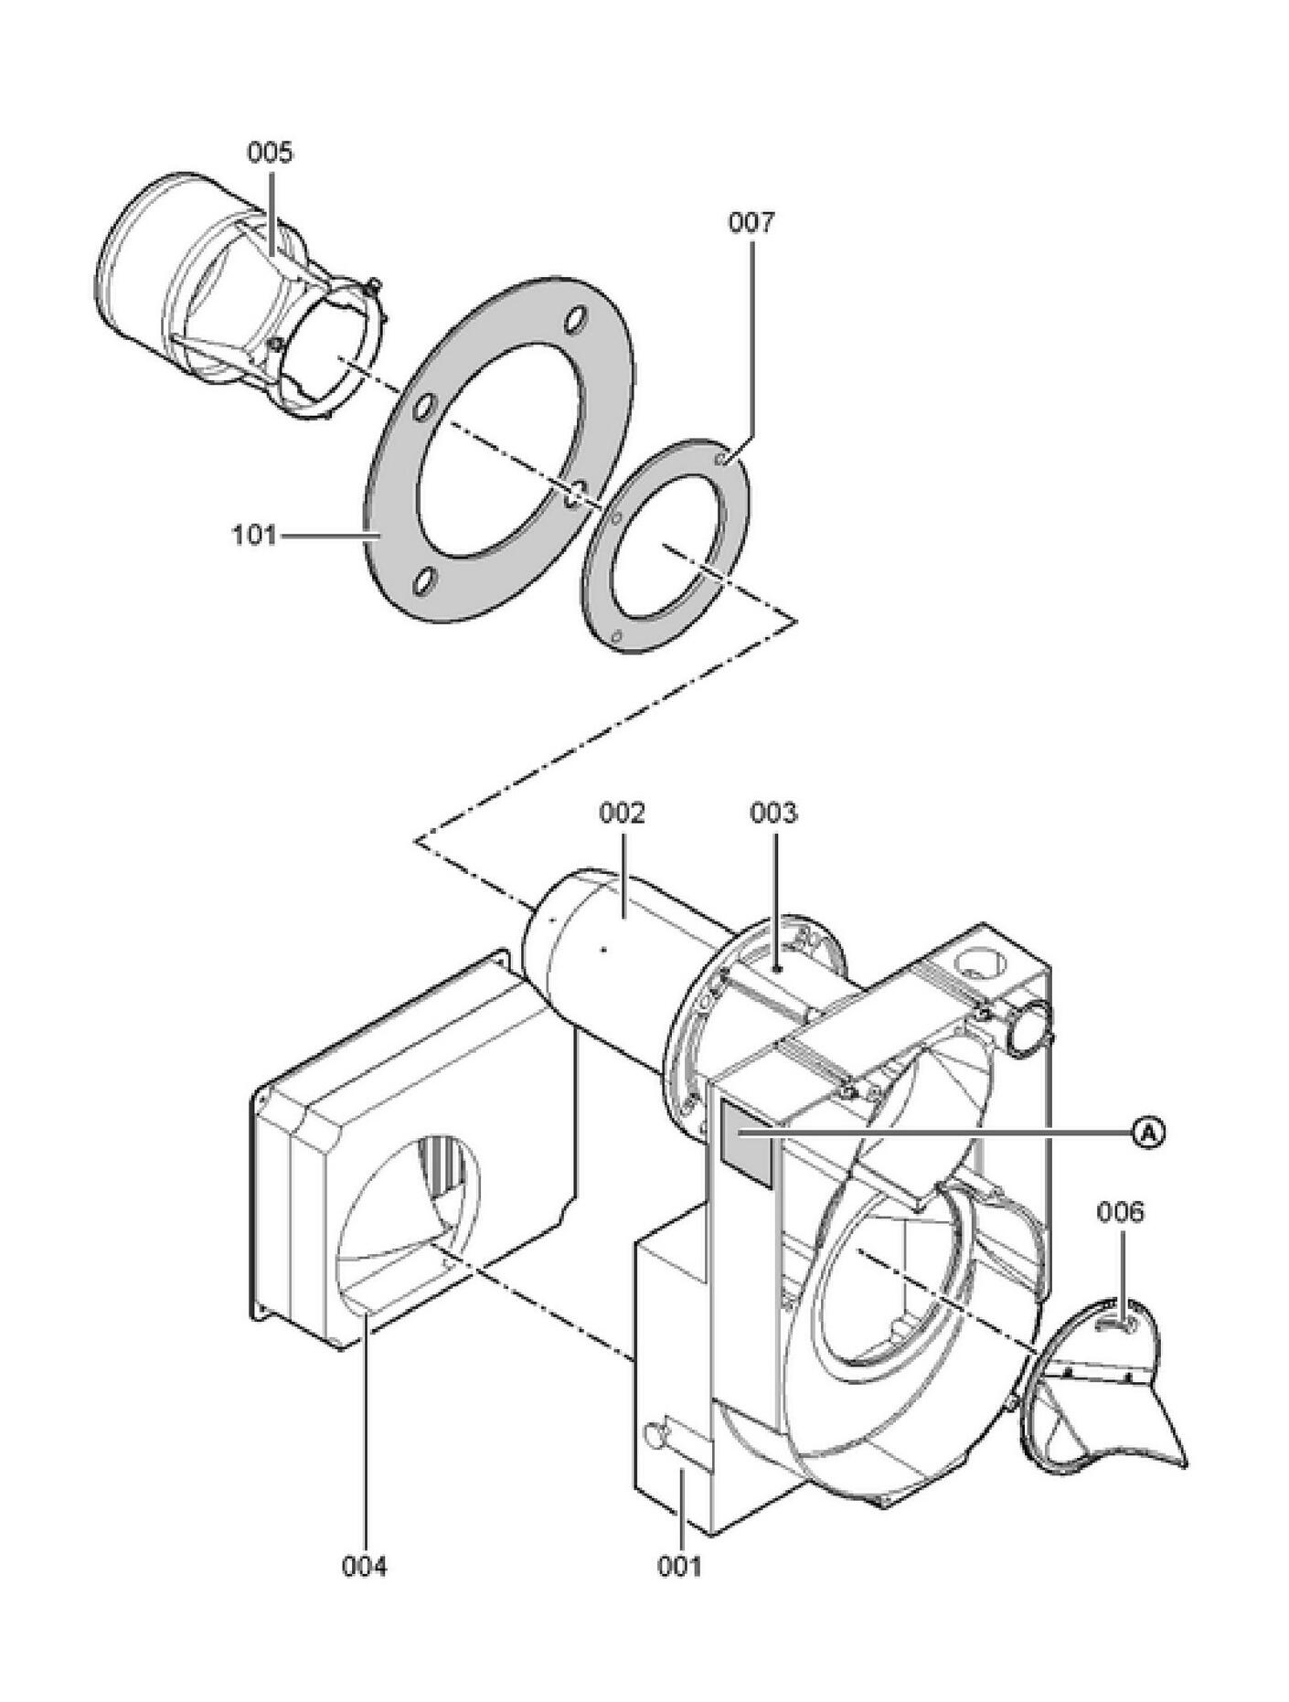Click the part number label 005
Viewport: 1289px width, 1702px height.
click(x=270, y=152)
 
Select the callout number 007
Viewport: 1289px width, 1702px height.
click(x=751, y=222)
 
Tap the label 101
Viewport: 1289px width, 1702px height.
click(x=253, y=535)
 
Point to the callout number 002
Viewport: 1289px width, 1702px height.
click(x=623, y=812)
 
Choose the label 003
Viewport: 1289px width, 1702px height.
click(x=773, y=812)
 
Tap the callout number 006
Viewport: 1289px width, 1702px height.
click(x=1120, y=1213)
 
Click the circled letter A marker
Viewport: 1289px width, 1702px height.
click(x=1150, y=1133)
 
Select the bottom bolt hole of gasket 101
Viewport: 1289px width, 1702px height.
click(x=422, y=582)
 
